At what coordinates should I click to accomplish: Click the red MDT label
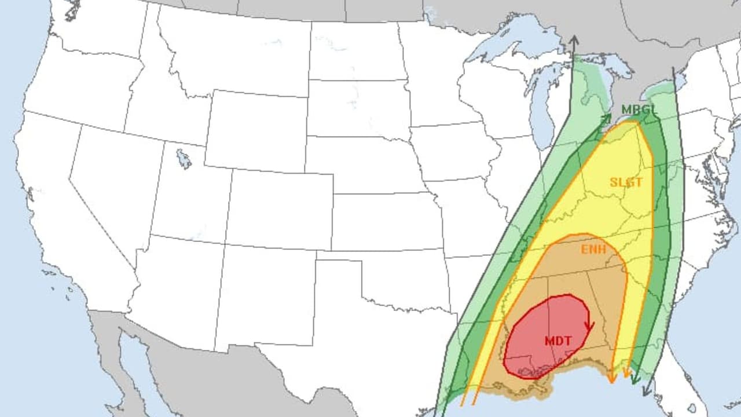click(557, 341)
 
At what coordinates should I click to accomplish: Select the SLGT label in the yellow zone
click(626, 182)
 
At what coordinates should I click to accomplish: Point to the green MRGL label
click(639, 109)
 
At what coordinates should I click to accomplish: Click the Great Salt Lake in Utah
click(184, 159)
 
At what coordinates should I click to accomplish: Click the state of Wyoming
click(255, 130)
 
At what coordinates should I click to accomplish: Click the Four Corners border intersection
click(225, 246)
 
